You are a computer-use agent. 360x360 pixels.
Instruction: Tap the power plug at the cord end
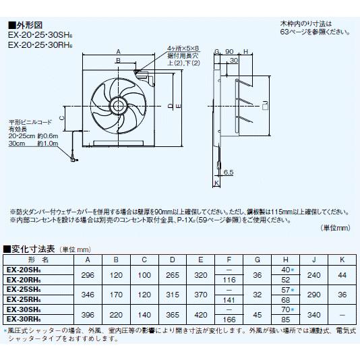73,162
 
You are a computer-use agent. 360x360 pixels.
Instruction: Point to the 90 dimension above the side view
229,52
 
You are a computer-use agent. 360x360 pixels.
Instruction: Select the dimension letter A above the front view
119,51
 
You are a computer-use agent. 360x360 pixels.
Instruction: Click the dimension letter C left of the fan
62,117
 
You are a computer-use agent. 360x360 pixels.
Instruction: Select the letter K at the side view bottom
217,183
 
